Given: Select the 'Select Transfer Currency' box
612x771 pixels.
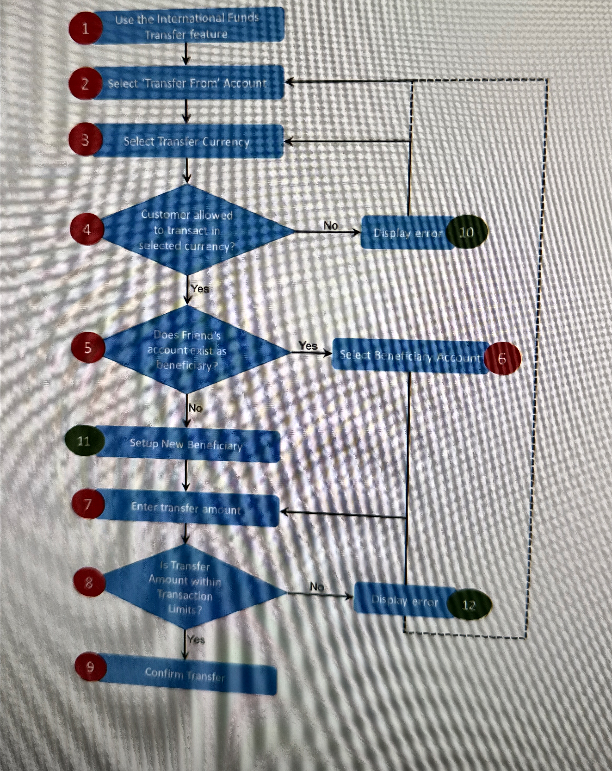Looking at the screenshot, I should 187,142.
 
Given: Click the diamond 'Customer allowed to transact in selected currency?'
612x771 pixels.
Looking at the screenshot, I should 187,230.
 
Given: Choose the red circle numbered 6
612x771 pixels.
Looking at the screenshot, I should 502,358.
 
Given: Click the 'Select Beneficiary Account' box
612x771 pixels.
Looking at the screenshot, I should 410,356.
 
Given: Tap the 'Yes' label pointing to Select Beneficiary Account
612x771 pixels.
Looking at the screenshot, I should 308,346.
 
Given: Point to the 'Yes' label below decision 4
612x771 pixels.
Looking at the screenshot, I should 200,289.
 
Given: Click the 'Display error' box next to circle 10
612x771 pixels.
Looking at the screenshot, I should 407,233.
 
